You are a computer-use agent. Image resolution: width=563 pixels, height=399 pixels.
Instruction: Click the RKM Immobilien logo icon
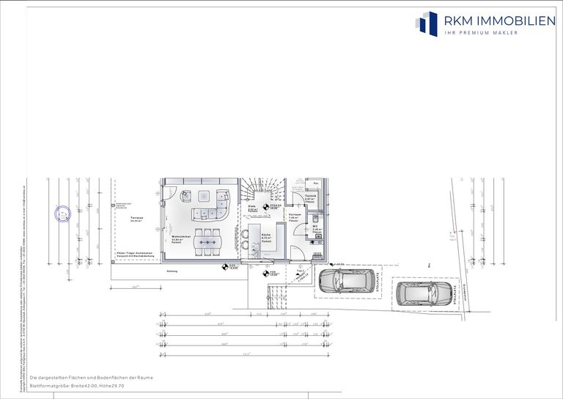click(426, 23)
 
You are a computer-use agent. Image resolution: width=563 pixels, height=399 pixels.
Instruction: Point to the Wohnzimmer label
click(181, 237)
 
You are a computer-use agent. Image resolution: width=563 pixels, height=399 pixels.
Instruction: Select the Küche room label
click(267, 235)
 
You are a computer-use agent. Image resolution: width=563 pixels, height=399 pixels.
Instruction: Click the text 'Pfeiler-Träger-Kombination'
click(135, 253)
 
